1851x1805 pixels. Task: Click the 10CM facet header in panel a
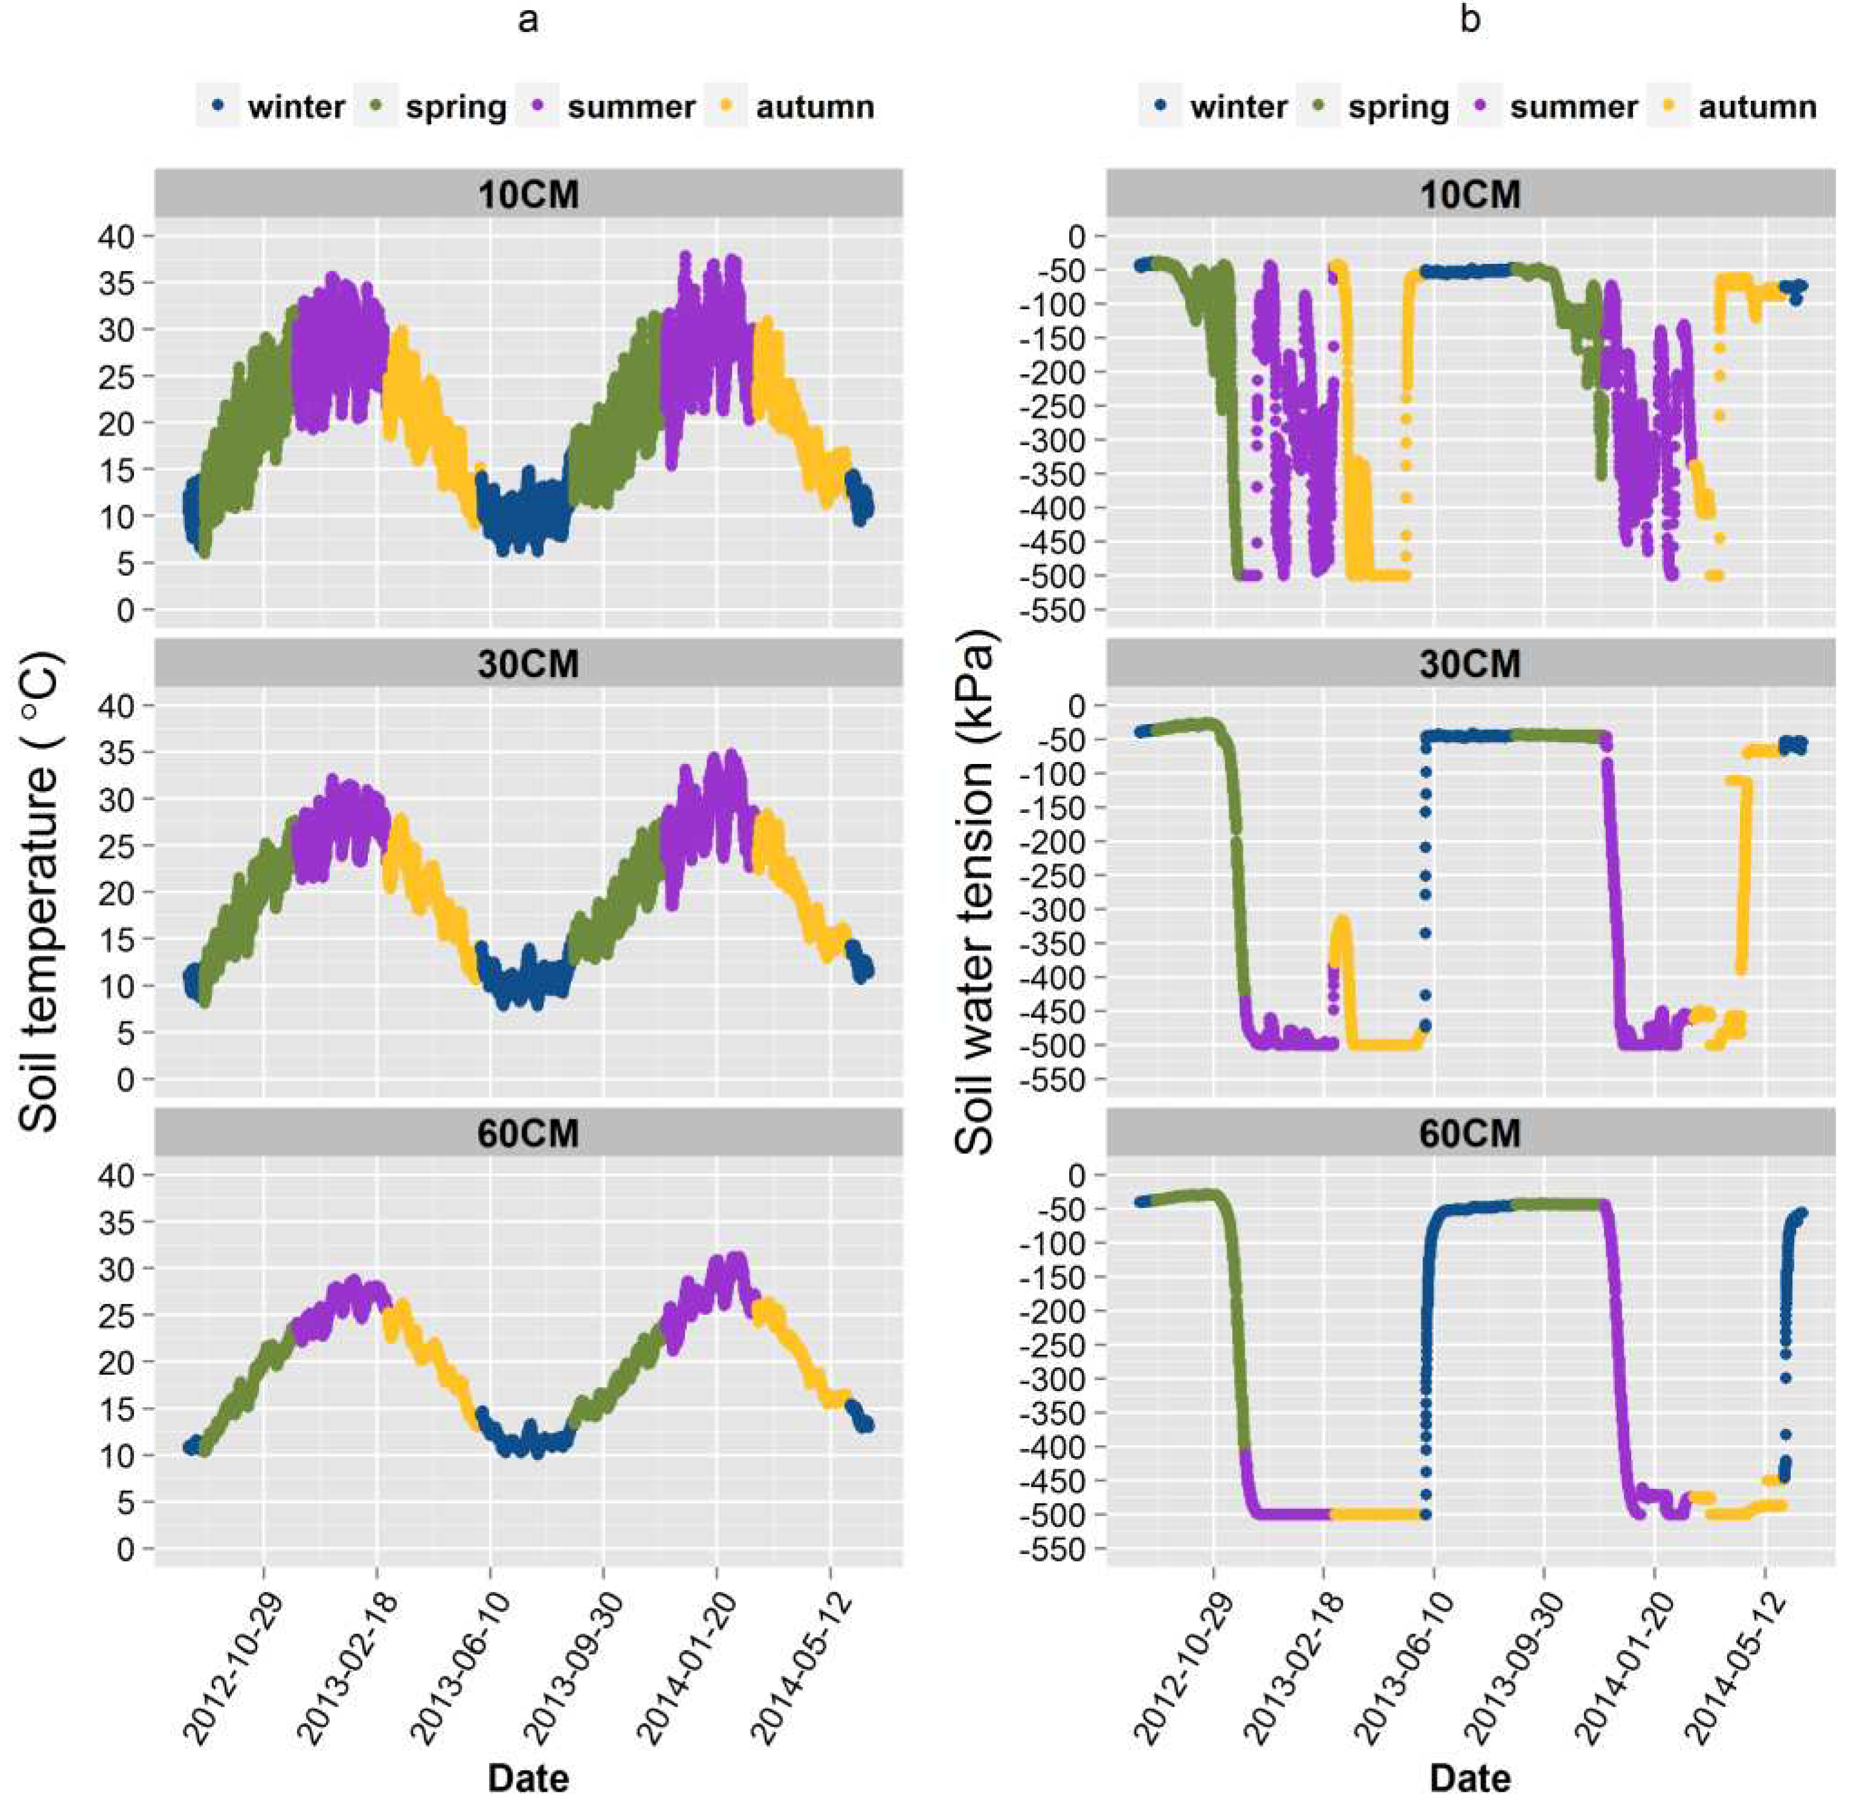pyautogui.click(x=528, y=194)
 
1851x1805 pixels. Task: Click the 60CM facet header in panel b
pyautogui.click(x=1470, y=1134)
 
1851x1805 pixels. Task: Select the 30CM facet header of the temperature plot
pyautogui.click(x=528, y=664)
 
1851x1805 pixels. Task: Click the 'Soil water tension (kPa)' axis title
pyautogui.click(x=975, y=891)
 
